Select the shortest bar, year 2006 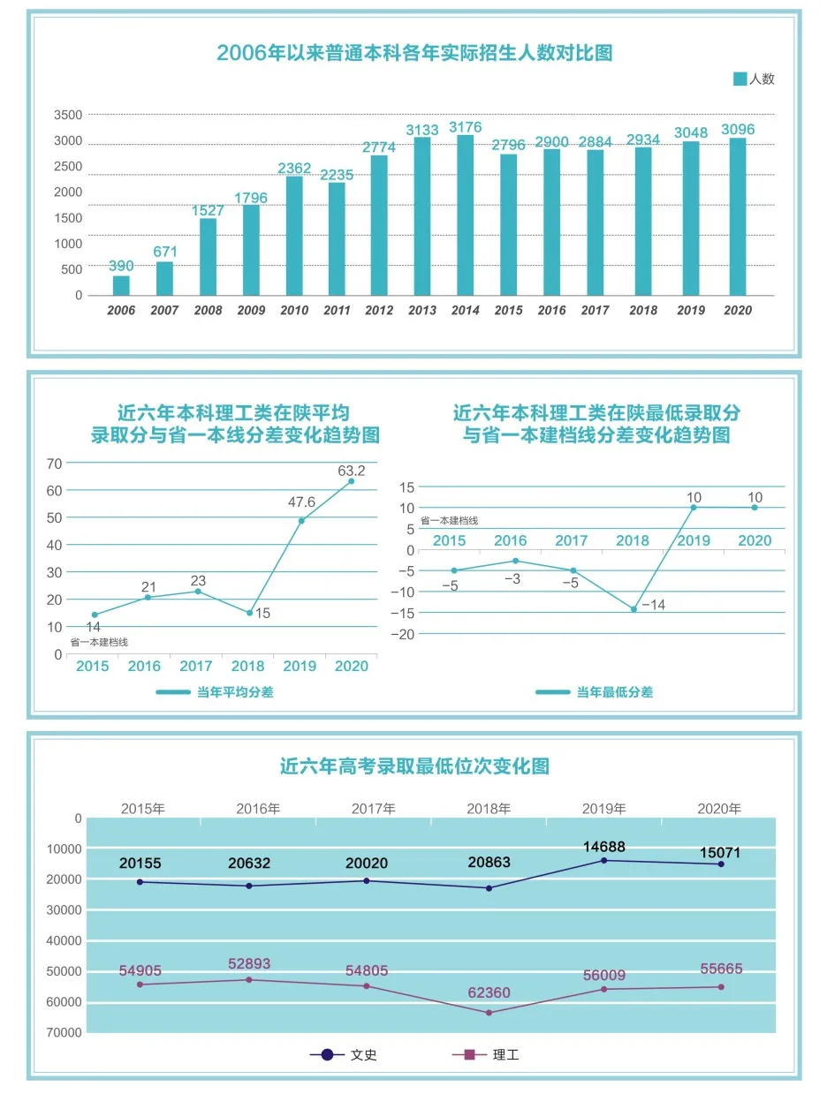point(121,285)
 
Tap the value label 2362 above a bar point(294,168)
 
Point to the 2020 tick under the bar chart point(737,310)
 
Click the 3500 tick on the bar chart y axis point(68,115)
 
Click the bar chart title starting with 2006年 point(414,53)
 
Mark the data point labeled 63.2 point(351,481)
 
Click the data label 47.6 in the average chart point(301,502)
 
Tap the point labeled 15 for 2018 point(250,613)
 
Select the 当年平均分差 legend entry point(215,692)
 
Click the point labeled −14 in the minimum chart point(634,609)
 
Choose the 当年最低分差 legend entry point(594,692)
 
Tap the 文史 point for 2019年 point(604,860)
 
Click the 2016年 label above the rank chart point(258,808)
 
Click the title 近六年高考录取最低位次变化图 point(414,766)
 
